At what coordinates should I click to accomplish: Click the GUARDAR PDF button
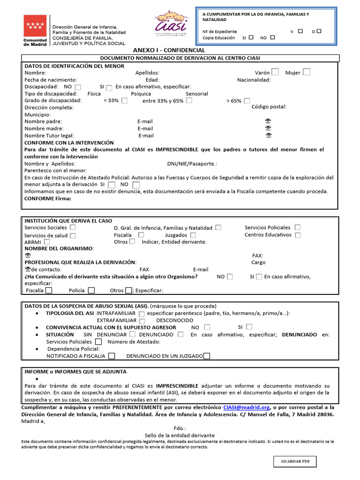(x=295, y=462)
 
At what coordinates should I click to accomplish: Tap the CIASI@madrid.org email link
(x=247, y=407)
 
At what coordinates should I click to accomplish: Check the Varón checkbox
(x=275, y=72)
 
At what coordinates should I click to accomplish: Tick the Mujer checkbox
(x=306, y=72)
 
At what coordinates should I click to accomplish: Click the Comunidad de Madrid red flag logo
(x=35, y=26)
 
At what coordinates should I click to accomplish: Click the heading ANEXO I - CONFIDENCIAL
(x=169, y=50)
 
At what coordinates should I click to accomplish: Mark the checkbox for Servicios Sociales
(x=73, y=227)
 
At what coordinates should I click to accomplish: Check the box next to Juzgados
(x=193, y=235)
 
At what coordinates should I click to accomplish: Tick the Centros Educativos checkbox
(x=298, y=235)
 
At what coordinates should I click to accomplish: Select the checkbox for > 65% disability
(x=247, y=101)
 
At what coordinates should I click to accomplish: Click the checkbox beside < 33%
(x=124, y=101)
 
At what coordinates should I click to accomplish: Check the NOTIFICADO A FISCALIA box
(x=112, y=356)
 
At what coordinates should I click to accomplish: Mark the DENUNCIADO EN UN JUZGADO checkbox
(x=207, y=356)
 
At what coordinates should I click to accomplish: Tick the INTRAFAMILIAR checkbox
(x=142, y=314)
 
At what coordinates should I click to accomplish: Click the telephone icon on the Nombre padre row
(x=268, y=121)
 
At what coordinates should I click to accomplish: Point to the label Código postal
(x=269, y=107)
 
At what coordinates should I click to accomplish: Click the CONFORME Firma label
(x=48, y=198)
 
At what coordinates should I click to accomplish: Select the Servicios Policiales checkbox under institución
(x=298, y=227)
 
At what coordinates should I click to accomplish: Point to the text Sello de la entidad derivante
(x=180, y=435)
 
